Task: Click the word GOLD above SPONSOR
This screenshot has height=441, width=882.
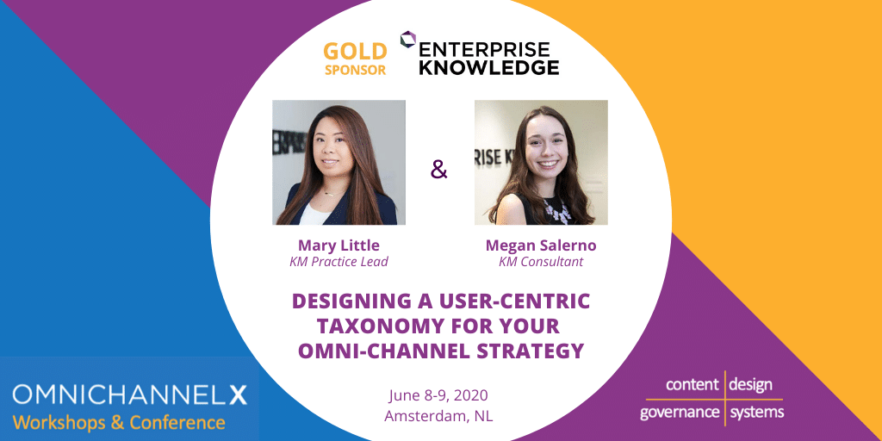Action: (355, 52)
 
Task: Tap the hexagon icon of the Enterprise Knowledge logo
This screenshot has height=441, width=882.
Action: (407, 40)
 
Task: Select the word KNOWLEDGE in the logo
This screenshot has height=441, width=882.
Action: (489, 67)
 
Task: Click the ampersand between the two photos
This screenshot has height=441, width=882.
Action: (438, 170)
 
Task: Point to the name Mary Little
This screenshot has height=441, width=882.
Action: (339, 245)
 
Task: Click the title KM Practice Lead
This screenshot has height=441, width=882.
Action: (339, 262)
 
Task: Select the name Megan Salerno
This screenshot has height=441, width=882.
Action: (541, 245)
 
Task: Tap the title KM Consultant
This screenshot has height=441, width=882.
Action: (541, 262)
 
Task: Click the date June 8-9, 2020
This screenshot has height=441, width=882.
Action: (439, 395)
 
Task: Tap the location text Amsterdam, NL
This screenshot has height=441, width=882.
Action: (439, 416)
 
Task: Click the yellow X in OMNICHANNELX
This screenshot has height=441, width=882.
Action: (237, 394)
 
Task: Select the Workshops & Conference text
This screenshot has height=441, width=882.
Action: (119, 422)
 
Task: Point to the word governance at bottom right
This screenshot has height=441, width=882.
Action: (680, 413)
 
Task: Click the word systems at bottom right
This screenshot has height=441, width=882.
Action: (756, 412)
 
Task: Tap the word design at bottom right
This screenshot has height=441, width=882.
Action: (750, 385)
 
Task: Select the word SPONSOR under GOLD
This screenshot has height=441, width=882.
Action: (355, 71)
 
